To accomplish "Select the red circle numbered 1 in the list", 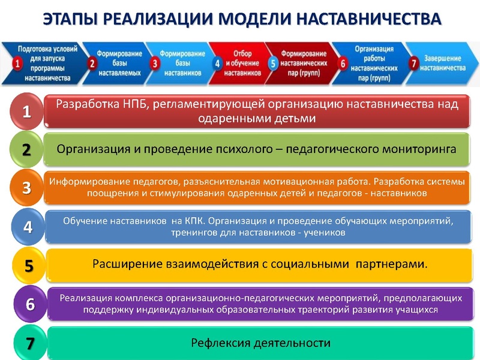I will (26, 111).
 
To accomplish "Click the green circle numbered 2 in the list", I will (26, 149).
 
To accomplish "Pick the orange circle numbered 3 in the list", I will (26, 188).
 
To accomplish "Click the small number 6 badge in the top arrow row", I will (343, 63).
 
